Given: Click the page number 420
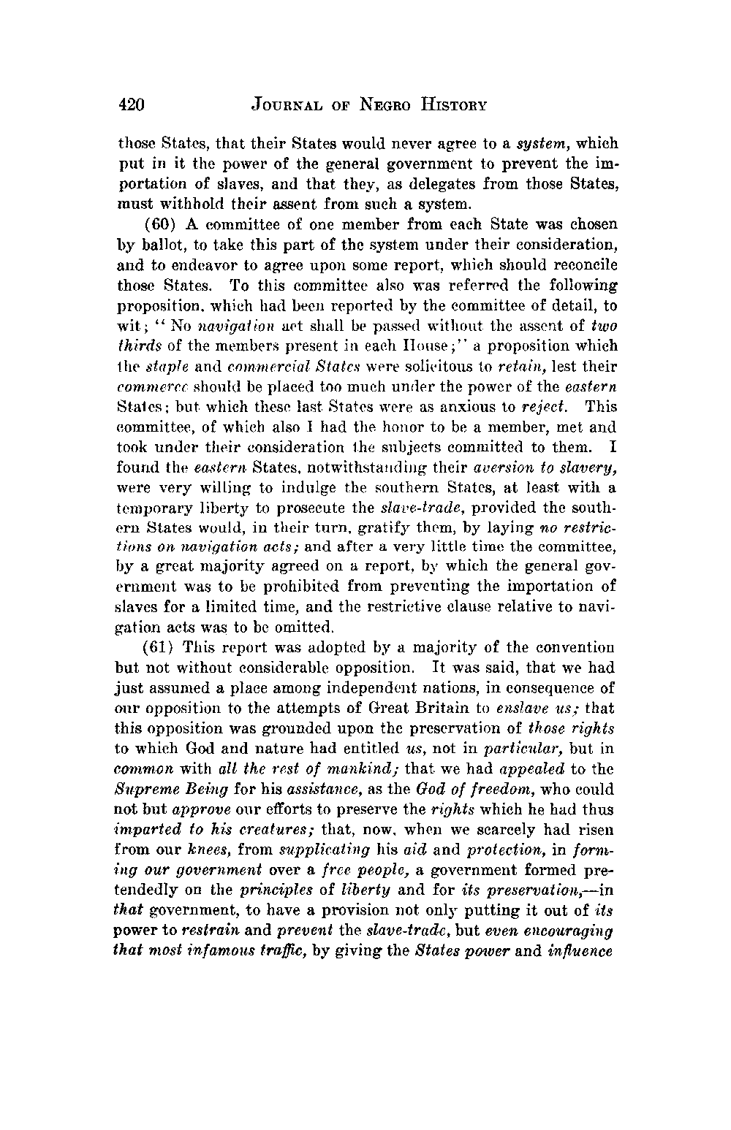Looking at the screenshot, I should point(132,105).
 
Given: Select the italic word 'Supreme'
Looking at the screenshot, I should point(143,790).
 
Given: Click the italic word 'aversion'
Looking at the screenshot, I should point(500,467).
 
